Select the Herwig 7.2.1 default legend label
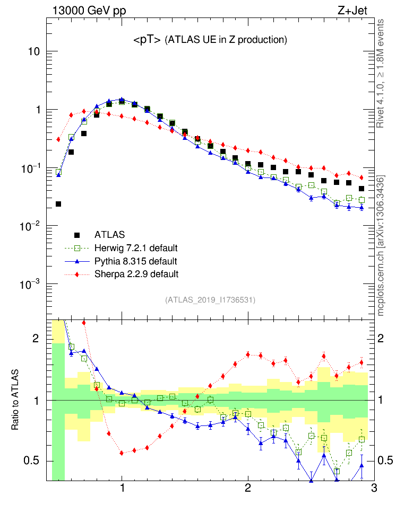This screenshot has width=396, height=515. (x=135, y=248)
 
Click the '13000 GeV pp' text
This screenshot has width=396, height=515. (x=89, y=10)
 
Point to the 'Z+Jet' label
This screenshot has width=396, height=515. (x=352, y=10)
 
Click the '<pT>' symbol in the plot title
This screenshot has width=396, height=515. (x=147, y=40)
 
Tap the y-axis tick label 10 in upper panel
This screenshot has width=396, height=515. (x=34, y=52)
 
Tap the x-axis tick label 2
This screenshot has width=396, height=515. (x=248, y=490)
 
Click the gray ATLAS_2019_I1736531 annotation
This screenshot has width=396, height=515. (x=211, y=300)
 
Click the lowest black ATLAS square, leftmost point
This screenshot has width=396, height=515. (x=58, y=204)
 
